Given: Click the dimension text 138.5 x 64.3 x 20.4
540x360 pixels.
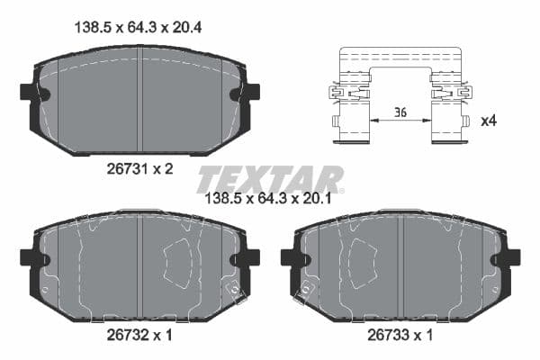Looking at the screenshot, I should click(135, 28).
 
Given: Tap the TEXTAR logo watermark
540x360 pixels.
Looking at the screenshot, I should click(270, 178).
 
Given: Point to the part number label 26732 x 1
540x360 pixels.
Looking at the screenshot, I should click(139, 335).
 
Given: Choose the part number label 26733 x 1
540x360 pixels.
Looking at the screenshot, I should click(400, 335).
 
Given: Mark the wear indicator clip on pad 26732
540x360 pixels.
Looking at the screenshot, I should click(232, 289).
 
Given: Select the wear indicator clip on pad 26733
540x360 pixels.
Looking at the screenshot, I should click(307, 289).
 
